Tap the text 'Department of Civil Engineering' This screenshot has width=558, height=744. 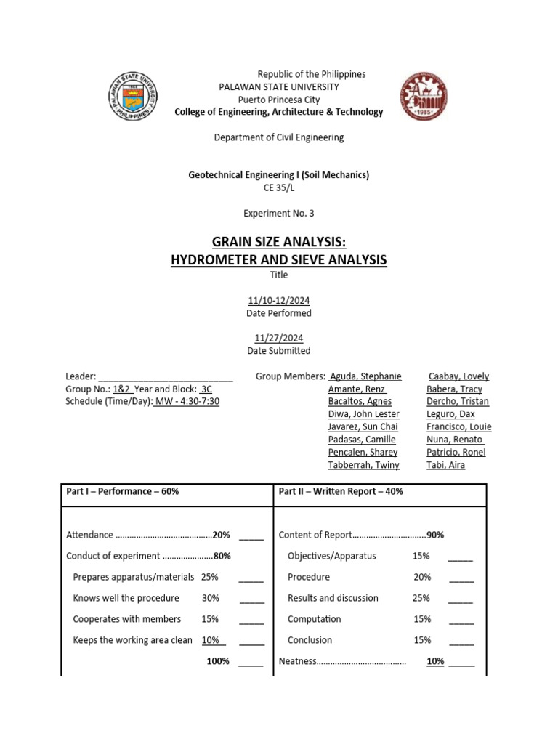[278, 137]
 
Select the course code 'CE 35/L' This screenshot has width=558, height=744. [278, 187]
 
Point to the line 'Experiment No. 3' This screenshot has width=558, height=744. [278, 213]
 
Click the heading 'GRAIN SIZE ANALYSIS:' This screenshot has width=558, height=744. [278, 241]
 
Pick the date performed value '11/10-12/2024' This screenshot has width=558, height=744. [278, 300]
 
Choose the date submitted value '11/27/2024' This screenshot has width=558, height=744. [278, 338]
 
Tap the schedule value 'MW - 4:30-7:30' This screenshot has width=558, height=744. [187, 401]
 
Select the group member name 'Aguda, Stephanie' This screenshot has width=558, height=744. [365, 376]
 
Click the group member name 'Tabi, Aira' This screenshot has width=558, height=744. [445, 465]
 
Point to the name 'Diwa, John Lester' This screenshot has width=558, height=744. [363, 414]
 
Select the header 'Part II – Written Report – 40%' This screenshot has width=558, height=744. [340, 491]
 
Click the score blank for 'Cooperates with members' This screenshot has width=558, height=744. [251, 620]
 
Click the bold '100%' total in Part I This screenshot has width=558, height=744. [217, 661]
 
